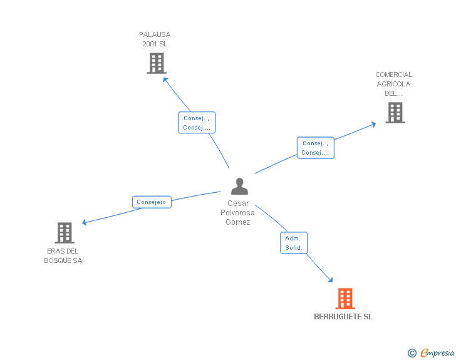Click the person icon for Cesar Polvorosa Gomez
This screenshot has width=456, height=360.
tap(239, 187)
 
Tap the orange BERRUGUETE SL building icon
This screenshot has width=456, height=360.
tap(345, 299)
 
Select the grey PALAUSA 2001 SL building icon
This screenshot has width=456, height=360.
tap(156, 63)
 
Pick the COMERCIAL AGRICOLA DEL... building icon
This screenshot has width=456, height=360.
tap(395, 113)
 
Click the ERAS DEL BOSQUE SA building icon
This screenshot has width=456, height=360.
tap(64, 233)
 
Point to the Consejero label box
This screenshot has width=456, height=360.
tap(152, 202)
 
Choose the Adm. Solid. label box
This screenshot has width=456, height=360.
tap(294, 243)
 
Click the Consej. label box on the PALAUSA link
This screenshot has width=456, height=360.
tap(196, 123)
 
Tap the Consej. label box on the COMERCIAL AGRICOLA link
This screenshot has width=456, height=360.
tap(315, 148)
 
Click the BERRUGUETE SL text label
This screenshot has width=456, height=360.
tap(343, 317)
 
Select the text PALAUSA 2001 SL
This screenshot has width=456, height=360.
tap(155, 39)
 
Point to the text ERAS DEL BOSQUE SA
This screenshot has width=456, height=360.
tap(63, 256)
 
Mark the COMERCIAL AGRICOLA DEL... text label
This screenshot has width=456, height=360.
tap(394, 84)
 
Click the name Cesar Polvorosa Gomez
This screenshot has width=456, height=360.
tap(238, 213)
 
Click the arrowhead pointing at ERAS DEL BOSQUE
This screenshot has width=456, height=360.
tap(85, 222)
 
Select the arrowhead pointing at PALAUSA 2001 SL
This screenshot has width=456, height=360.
tap(165, 79)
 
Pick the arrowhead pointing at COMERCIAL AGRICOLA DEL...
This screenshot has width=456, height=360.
tap(373, 123)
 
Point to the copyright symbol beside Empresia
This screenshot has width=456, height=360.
tap(412, 354)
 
